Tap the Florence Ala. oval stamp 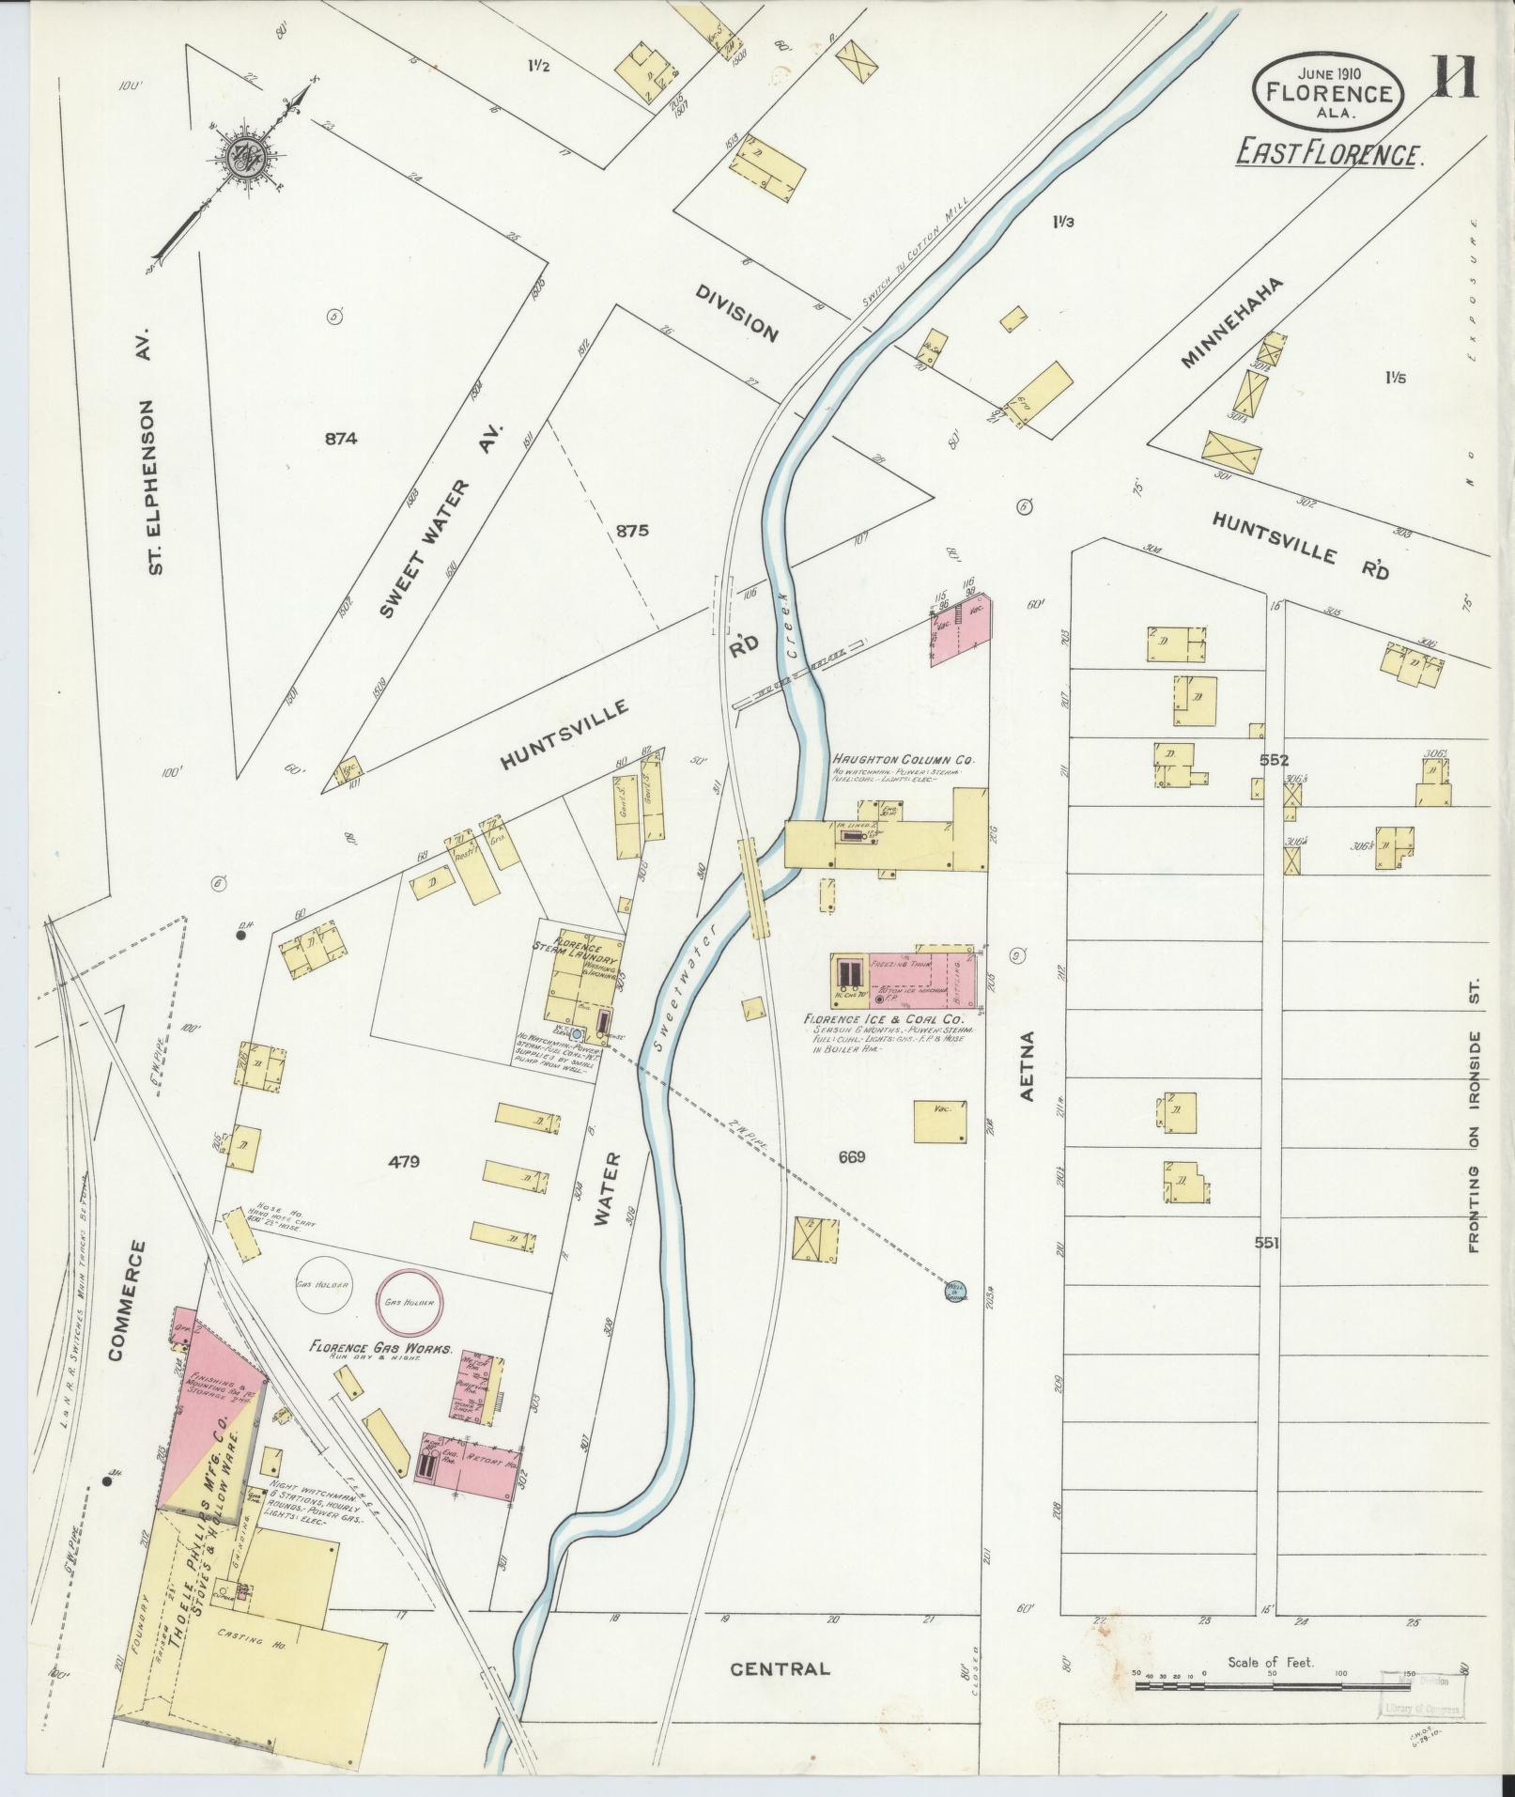pyautogui.click(x=1327, y=90)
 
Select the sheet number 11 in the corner pyautogui.click(x=1455, y=78)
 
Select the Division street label pyautogui.click(x=737, y=313)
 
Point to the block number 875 pyautogui.click(x=632, y=531)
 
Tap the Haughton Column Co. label pyautogui.click(x=903, y=759)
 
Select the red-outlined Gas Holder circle pyautogui.click(x=408, y=1304)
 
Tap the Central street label pyautogui.click(x=781, y=1668)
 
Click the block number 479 pyautogui.click(x=404, y=1162)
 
